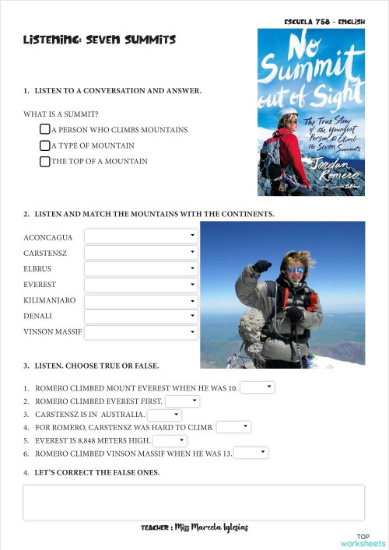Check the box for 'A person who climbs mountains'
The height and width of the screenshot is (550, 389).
coord(45,129)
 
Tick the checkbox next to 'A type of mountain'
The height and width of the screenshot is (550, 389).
coord(45,145)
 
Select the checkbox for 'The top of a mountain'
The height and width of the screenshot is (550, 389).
coord(45,162)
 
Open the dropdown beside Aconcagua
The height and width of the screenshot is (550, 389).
coord(141,236)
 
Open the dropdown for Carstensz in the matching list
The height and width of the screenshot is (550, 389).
coord(141,252)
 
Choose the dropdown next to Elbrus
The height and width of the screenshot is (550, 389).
coord(141,268)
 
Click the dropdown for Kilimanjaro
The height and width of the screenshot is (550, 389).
coord(141,300)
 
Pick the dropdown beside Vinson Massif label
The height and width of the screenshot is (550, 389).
coord(141,333)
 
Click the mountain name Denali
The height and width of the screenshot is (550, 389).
coord(39,317)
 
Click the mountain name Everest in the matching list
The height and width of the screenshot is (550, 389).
coord(40,285)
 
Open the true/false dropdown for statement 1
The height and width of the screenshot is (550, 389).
coord(257,387)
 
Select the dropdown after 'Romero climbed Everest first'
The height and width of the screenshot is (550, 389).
coord(182,401)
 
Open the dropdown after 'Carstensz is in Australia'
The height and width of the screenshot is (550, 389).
coord(163,415)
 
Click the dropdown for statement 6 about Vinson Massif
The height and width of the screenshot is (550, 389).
coord(251,453)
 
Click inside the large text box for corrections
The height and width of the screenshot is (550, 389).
coord(194,503)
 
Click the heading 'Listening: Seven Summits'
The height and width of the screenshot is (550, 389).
coord(100,39)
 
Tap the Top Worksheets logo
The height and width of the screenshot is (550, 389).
coord(363,540)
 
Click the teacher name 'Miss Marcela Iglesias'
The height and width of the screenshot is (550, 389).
coord(212,527)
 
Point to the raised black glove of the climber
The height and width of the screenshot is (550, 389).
coord(262,266)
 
